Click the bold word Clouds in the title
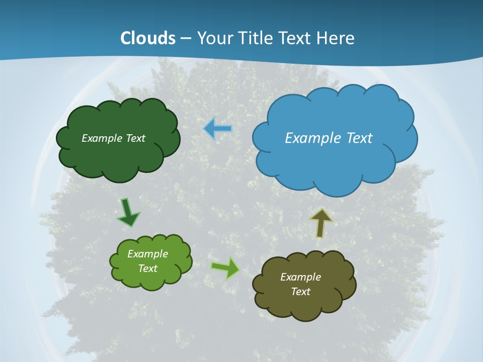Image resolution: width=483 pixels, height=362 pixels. pyautogui.click(x=147, y=38)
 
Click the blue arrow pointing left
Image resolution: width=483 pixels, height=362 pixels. pyautogui.click(x=218, y=129)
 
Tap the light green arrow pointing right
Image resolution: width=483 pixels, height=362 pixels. pyautogui.click(x=225, y=267)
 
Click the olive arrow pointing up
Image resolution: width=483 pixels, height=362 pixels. pyautogui.click(x=321, y=223)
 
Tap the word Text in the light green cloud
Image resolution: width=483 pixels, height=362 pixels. pyautogui.click(x=147, y=268)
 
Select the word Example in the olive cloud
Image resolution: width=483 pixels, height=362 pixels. pyautogui.click(x=300, y=277)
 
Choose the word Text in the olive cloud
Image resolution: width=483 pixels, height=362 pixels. pyautogui.click(x=300, y=292)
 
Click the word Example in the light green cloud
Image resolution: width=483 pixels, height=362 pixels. pyautogui.click(x=147, y=254)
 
